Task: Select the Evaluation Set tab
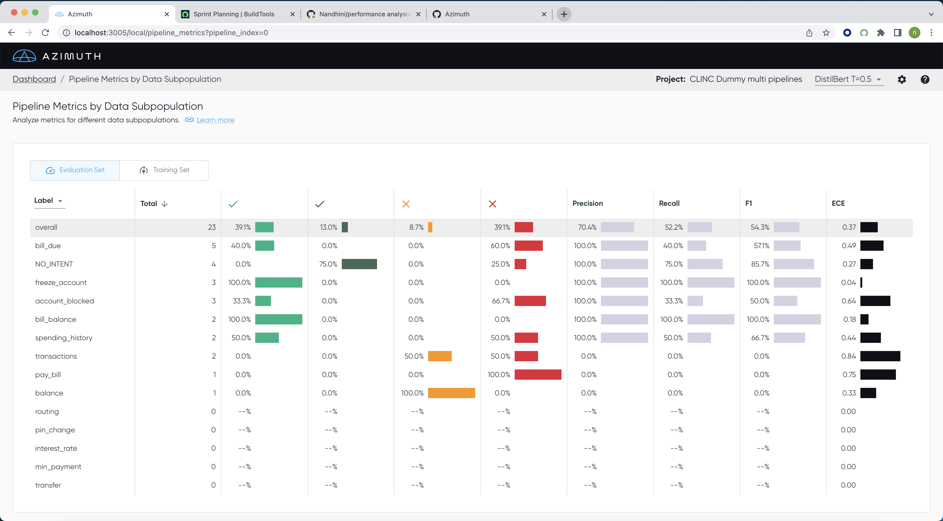click(75, 170)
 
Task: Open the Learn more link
click(215, 120)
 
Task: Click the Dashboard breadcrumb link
click(34, 79)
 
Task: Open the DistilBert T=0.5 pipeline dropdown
click(849, 79)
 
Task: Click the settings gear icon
click(902, 79)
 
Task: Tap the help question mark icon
click(925, 79)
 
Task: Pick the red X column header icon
click(492, 204)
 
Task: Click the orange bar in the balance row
click(451, 393)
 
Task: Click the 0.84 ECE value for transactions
click(848, 356)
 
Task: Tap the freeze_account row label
click(61, 283)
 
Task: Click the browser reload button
click(46, 33)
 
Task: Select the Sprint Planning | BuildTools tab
click(234, 14)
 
